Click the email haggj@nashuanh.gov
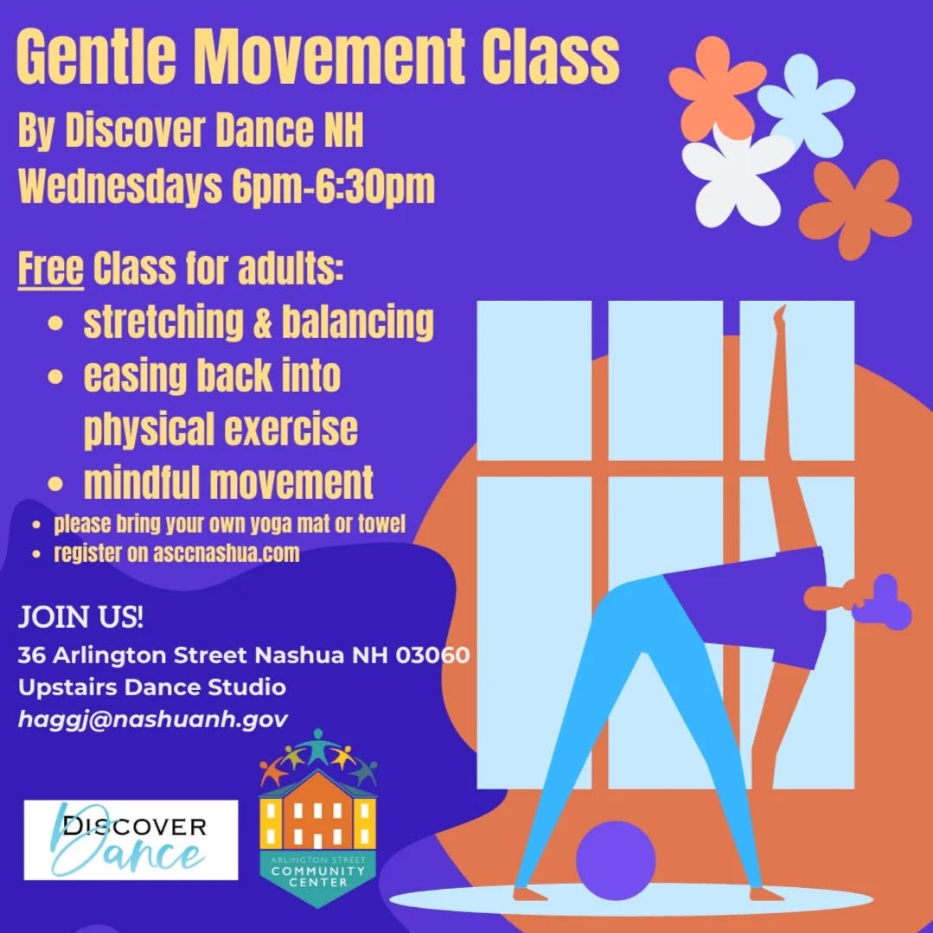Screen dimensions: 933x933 [152, 719]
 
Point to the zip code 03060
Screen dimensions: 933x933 [432, 655]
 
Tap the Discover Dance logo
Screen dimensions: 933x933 [131, 840]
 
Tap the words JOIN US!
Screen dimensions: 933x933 [81, 619]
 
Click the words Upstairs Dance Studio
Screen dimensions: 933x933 [151, 687]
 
